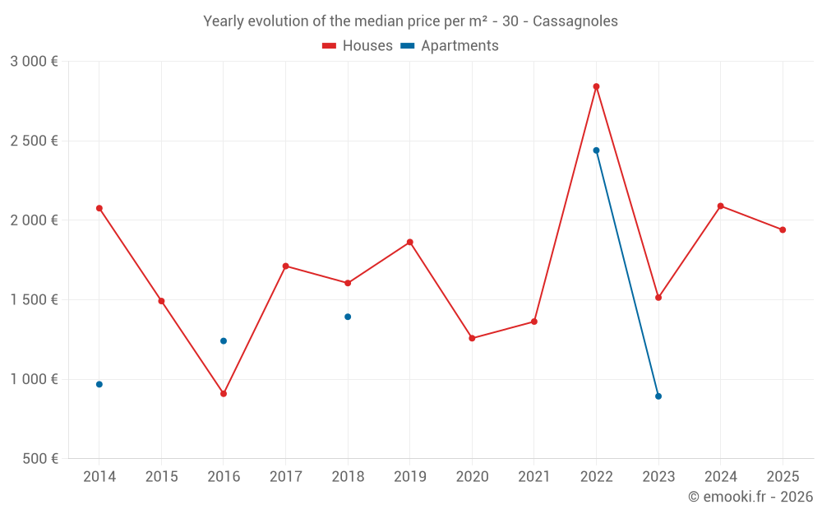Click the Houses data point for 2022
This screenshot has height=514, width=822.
[x=596, y=86]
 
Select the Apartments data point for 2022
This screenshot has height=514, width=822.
[x=596, y=150]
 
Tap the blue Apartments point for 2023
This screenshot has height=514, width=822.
[x=658, y=396]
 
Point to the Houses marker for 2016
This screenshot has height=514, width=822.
[x=224, y=394]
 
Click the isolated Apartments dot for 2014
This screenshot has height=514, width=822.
[x=99, y=384]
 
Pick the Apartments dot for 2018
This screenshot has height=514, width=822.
[x=348, y=317]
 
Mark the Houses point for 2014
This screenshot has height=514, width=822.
[x=99, y=208]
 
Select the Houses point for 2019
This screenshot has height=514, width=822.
[x=409, y=243]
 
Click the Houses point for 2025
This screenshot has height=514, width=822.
[x=783, y=229]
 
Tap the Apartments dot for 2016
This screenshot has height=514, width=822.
[x=224, y=340]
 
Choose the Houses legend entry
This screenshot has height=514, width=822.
[x=358, y=46]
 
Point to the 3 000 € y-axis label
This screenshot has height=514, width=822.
[x=34, y=62]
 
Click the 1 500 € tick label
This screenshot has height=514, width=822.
[x=34, y=300]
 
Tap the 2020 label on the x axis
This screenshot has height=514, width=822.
[x=472, y=477]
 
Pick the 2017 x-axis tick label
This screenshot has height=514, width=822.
[x=285, y=477]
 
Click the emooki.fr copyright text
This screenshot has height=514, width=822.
[x=750, y=497]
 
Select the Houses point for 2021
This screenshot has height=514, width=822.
[x=534, y=322]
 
